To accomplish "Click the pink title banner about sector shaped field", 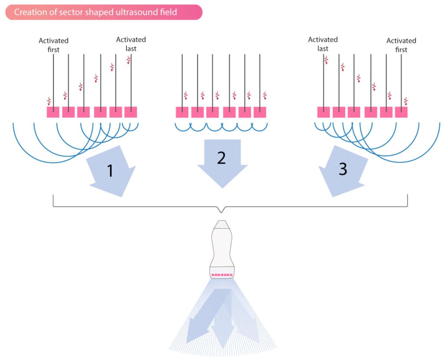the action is coord(104,12).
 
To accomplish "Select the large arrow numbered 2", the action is coord(222,163).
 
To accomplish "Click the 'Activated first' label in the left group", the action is coord(53,45).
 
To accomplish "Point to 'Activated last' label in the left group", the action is coord(131,44).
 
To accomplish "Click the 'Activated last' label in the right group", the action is coord(323,44).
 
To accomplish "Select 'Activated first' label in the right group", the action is coord(401,45).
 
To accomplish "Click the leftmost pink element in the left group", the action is coord(53,112).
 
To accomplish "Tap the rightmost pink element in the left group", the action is coord(131,112).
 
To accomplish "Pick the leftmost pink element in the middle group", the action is coord(182,112).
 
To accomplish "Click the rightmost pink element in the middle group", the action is coord(260,112).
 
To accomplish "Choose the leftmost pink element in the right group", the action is coord(323,112).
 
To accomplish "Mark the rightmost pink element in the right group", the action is coord(401,112).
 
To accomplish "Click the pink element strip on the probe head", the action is coord(222,275).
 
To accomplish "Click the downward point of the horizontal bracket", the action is coord(222,213).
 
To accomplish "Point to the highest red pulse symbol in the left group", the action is coord(128,60).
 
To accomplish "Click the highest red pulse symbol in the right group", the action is coord(326,60).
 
